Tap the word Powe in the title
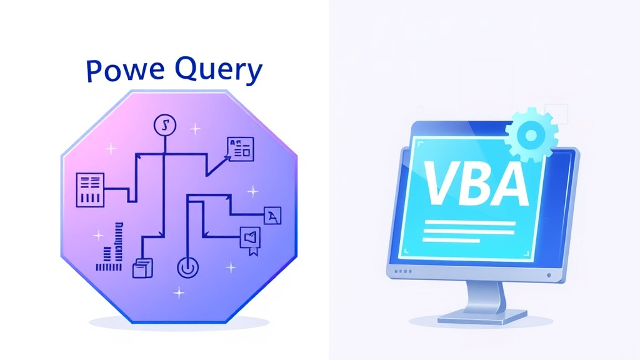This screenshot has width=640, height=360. point(126,71)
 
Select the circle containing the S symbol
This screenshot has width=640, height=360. point(165,125)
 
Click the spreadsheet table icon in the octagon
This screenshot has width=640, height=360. point(90,190)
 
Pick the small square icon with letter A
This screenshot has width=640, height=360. point(272,216)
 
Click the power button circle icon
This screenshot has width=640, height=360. point(187,267)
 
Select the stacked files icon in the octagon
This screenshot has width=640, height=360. point(143,268)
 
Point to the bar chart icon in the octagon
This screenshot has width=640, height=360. point(109,247)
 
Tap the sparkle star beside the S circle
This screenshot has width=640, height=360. point(195,129)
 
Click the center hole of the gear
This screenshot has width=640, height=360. point(531,135)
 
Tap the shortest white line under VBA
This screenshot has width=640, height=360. point(451,241)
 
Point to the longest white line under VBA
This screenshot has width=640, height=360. point(470,223)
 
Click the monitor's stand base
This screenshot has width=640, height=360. point(482,317)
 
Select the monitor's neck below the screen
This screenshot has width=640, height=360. point(485,296)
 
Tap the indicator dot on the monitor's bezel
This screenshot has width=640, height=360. point(549,276)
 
